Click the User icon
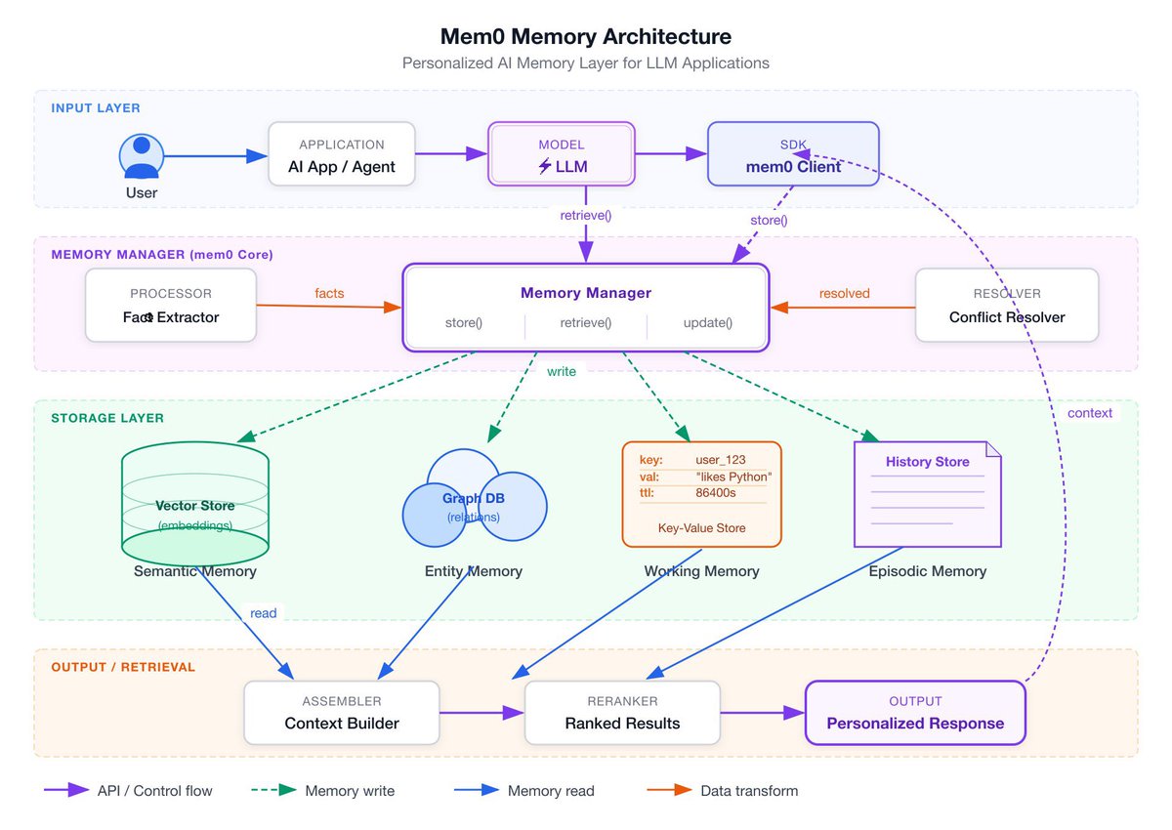142,156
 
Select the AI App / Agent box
342,154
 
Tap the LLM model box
562,154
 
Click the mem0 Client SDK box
793,154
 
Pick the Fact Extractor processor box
171,306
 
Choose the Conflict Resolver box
1007,306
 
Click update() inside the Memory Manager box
708,323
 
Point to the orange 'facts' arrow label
329,293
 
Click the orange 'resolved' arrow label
844,293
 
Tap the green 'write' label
562,371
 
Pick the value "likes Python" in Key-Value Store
733,477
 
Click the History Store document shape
927,494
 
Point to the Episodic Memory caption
927,571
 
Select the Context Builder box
342,713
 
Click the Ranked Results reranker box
622,713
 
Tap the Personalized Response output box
915,713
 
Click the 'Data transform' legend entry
749,791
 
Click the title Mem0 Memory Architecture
586,37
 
